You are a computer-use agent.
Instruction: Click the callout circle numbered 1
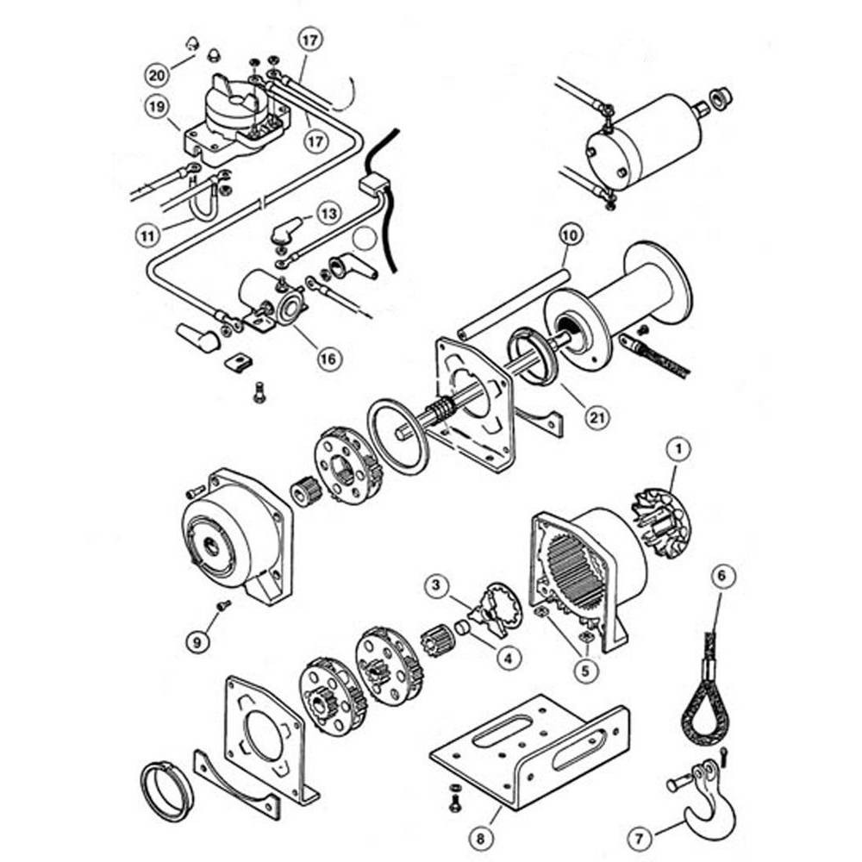click(680, 448)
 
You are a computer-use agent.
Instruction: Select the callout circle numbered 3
click(437, 586)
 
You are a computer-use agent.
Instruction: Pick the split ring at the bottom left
click(166, 789)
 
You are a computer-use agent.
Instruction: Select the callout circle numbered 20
click(156, 75)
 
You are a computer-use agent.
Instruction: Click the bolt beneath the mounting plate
click(454, 802)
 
